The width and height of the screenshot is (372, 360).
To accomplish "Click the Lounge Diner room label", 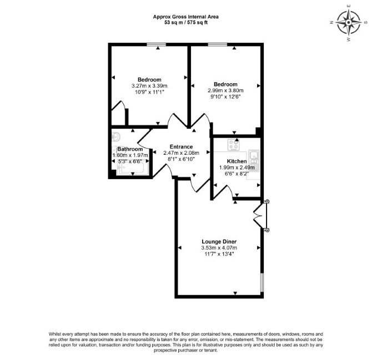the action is [x=219, y=241].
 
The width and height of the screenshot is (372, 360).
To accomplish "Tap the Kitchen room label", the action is [x=237, y=161].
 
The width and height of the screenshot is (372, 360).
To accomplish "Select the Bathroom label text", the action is [x=130, y=149].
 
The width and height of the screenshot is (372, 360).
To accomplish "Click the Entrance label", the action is [x=181, y=146].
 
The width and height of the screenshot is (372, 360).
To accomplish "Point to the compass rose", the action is [x=349, y=23].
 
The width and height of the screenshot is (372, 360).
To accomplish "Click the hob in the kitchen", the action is [x=234, y=145].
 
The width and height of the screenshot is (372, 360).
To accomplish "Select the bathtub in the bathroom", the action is [x=133, y=169].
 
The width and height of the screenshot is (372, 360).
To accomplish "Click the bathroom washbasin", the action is [x=116, y=136].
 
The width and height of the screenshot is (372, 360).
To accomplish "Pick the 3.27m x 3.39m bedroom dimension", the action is [x=149, y=86].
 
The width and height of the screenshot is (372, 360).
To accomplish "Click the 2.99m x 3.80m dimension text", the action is [x=225, y=90].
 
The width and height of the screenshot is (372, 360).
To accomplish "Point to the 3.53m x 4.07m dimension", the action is [x=219, y=248].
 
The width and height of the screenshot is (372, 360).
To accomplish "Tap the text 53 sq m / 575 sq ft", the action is [x=186, y=23].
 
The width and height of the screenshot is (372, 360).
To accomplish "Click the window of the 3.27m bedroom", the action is [x=157, y=44].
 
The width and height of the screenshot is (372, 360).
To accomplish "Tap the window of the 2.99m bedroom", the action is [x=218, y=44].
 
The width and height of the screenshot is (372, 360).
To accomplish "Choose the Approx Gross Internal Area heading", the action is [x=186, y=17].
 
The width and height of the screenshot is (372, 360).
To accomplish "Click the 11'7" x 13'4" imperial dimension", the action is [x=219, y=254].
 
